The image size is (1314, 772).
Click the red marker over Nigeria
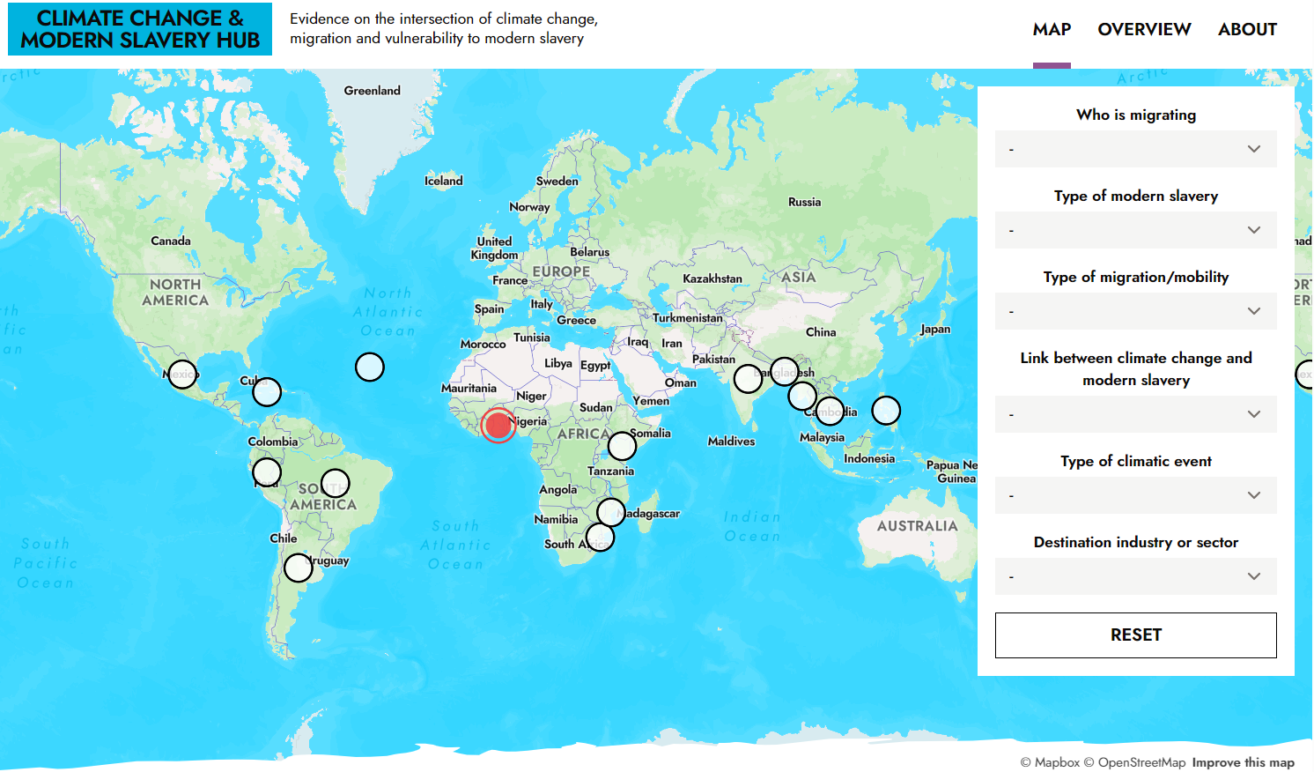tap(498, 426)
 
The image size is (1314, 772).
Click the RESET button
tap(1135, 635)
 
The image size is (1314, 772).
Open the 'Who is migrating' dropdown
tap(1135, 149)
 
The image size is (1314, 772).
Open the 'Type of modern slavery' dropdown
tap(1135, 230)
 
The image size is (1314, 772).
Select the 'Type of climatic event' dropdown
tap(1135, 495)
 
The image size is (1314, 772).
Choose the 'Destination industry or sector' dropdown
tap(1135, 576)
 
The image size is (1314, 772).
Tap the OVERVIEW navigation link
tap(1144, 29)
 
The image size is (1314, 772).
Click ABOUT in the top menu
tap(1247, 29)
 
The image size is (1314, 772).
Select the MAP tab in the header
tap(1052, 29)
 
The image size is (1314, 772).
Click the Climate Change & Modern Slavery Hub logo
tap(140, 29)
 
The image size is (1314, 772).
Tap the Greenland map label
tap(372, 91)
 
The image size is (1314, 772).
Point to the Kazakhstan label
tap(712, 278)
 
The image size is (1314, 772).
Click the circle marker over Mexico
tap(182, 375)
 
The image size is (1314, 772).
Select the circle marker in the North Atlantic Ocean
tap(370, 367)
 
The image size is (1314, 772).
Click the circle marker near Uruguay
tap(299, 568)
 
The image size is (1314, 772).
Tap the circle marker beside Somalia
tap(622, 446)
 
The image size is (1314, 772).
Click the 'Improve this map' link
tap(1243, 762)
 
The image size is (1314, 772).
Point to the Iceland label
tap(443, 181)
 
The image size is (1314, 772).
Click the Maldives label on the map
tap(731, 442)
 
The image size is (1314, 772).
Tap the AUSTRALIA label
tap(917, 526)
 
